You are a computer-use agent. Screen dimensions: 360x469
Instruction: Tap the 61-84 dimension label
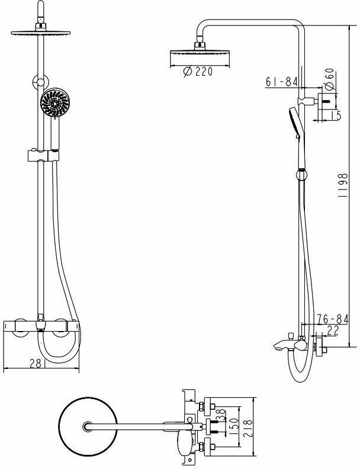coord(281,83)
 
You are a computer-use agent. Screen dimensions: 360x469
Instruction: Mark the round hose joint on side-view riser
coord(300,174)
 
